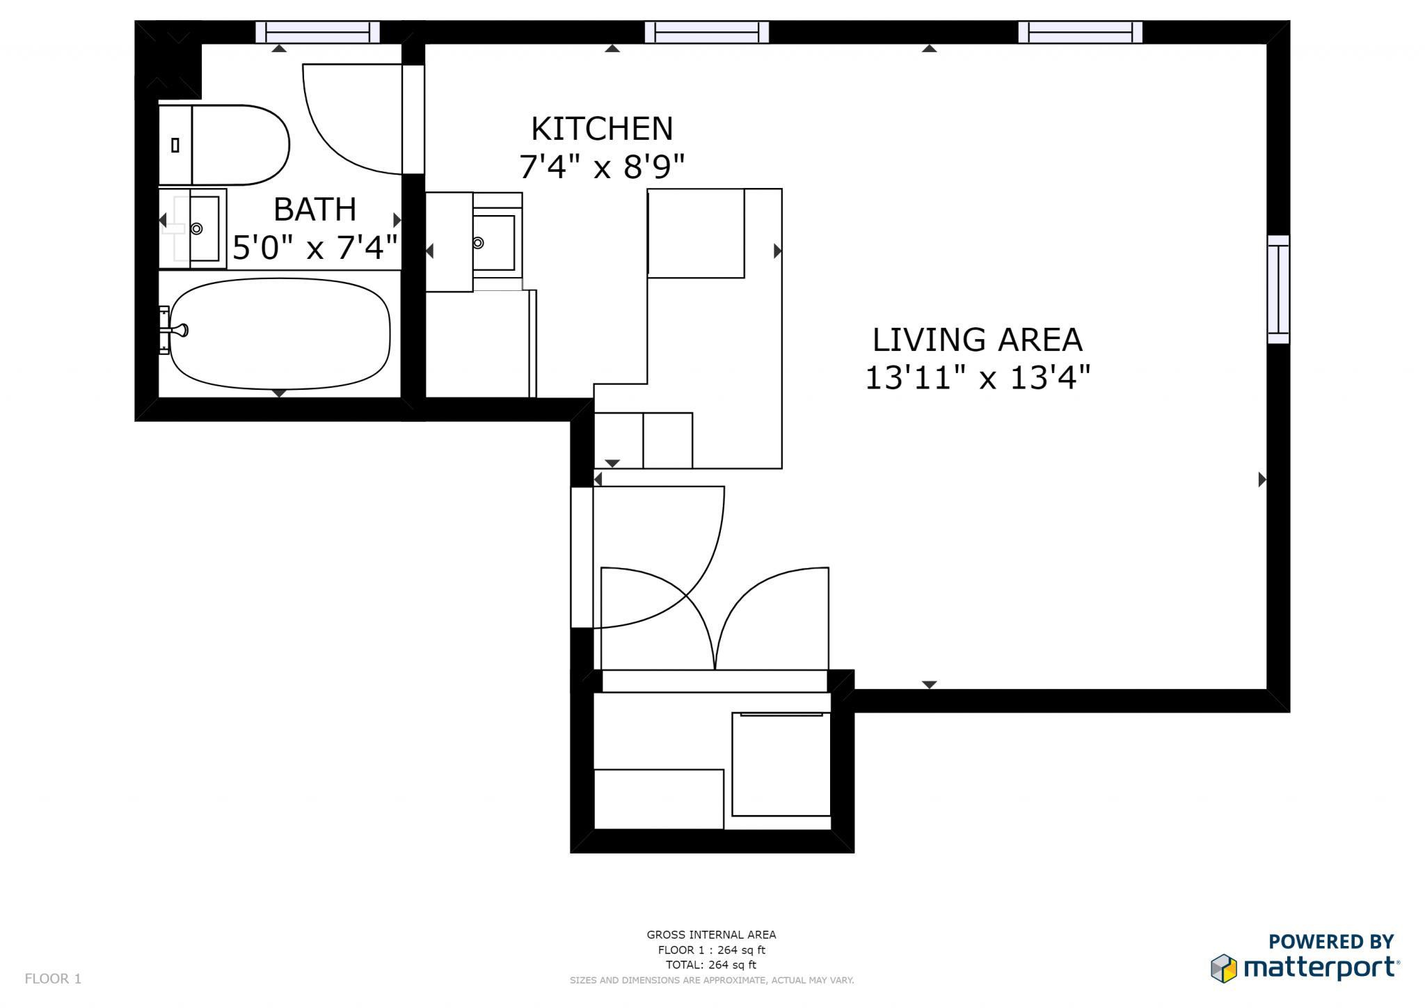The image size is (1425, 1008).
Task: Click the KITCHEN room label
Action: tap(602, 129)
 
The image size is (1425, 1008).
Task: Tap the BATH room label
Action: tap(315, 210)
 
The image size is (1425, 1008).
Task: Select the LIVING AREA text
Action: tap(977, 340)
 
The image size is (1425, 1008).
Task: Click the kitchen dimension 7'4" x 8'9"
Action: tap(602, 167)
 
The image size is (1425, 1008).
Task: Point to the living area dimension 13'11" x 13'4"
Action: tap(977, 379)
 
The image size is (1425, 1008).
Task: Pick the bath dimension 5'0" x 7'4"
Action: tap(315, 248)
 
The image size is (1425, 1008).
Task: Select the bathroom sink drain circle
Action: tap(197, 228)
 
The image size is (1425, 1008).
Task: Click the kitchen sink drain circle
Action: tap(478, 243)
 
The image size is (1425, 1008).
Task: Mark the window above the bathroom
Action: tap(317, 32)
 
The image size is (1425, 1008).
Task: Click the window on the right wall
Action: tap(1278, 289)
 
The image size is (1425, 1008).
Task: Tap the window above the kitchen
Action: tap(706, 32)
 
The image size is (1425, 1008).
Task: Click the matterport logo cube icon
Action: tap(1223, 968)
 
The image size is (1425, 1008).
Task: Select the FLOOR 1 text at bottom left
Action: tap(53, 979)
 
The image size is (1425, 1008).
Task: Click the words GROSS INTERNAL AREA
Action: tap(711, 935)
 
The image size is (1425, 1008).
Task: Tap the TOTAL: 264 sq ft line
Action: tap(711, 965)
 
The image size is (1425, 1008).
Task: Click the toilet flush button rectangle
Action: tap(175, 145)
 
